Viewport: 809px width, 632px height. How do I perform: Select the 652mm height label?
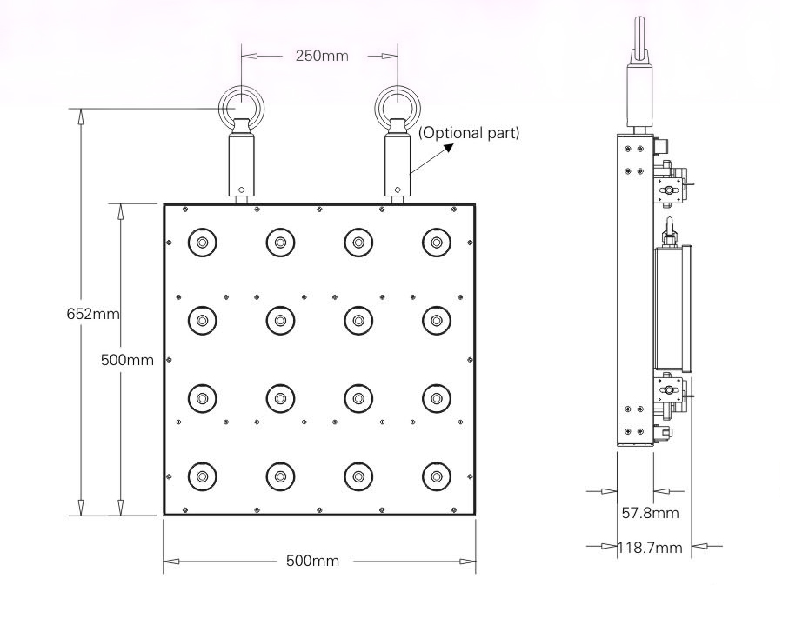click(92, 314)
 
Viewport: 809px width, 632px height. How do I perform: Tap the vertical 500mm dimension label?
click(126, 360)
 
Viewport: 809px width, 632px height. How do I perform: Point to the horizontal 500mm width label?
click(312, 561)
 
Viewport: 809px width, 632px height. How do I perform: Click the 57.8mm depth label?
click(650, 513)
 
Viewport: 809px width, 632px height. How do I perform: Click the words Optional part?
click(469, 133)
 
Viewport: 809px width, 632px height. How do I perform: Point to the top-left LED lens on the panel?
click(203, 243)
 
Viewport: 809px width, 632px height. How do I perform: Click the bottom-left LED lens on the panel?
click(203, 476)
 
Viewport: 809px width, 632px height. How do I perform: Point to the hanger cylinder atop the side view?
click(637, 95)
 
